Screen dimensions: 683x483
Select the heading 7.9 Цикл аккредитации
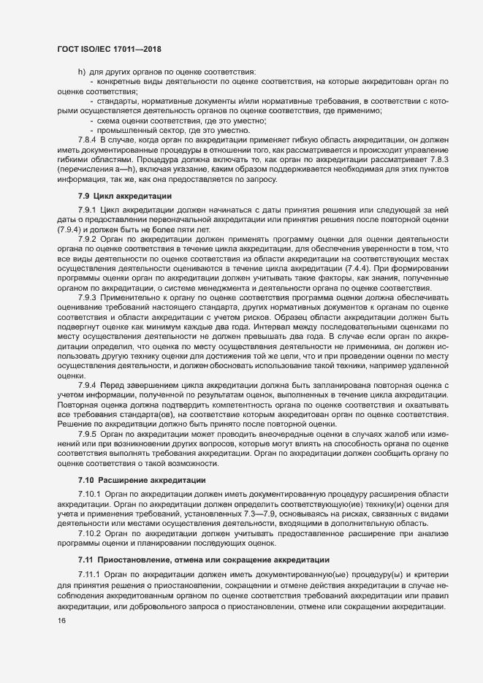(125, 196)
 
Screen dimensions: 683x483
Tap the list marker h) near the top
(81, 72)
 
